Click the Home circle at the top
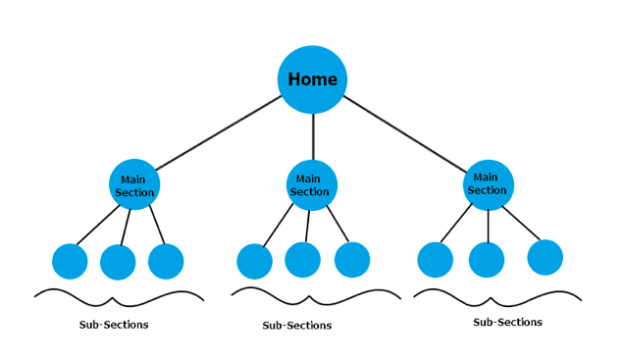tap(312, 79)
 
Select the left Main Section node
tap(133, 185)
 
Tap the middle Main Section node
tap(311, 185)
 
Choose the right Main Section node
tap(488, 184)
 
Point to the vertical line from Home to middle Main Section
tap(312, 137)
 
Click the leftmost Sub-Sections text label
tap(114, 325)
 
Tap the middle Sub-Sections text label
tap(296, 326)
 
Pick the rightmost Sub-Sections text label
tap(507, 322)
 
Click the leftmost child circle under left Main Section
tap(70, 261)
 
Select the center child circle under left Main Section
tap(118, 262)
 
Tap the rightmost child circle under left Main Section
tap(166, 261)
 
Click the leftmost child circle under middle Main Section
tap(254, 261)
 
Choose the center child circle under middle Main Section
tap(302, 260)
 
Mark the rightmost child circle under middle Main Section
tap(352, 260)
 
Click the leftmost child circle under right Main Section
tap(435, 260)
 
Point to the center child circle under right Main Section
tap(487, 260)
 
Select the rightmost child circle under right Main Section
tap(545, 257)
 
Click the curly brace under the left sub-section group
tap(118, 295)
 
